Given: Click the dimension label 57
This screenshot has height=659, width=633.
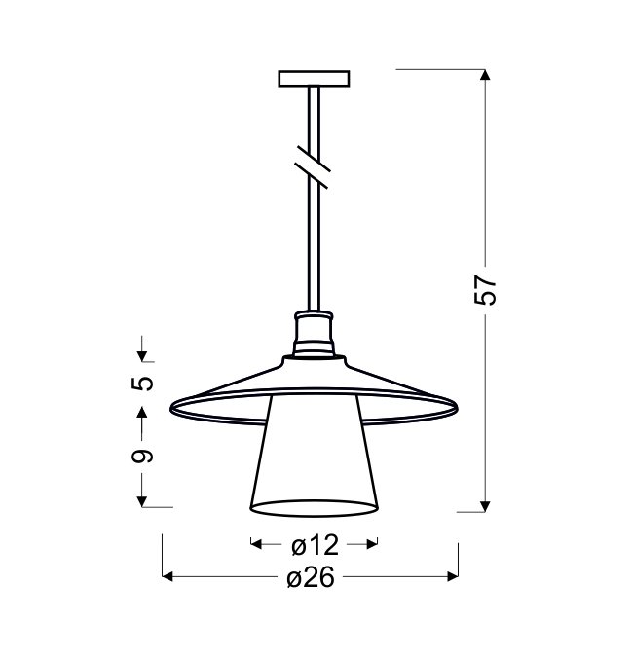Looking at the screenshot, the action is [485, 290].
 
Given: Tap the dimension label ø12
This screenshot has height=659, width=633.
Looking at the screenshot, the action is [315, 545].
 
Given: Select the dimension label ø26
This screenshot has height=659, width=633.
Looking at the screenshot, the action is [311, 576].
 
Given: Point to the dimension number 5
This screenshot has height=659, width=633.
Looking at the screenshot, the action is [142, 384].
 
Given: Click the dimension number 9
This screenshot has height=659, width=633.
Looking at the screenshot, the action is [142, 456].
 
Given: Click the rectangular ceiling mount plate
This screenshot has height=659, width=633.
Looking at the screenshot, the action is [314, 79].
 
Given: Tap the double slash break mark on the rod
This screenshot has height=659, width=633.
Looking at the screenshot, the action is [313, 166].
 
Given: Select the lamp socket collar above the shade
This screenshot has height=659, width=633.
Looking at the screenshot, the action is [314, 334].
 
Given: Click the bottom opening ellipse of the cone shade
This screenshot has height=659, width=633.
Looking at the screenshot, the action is [314, 508].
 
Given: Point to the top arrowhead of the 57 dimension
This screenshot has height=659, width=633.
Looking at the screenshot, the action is [485, 74].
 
